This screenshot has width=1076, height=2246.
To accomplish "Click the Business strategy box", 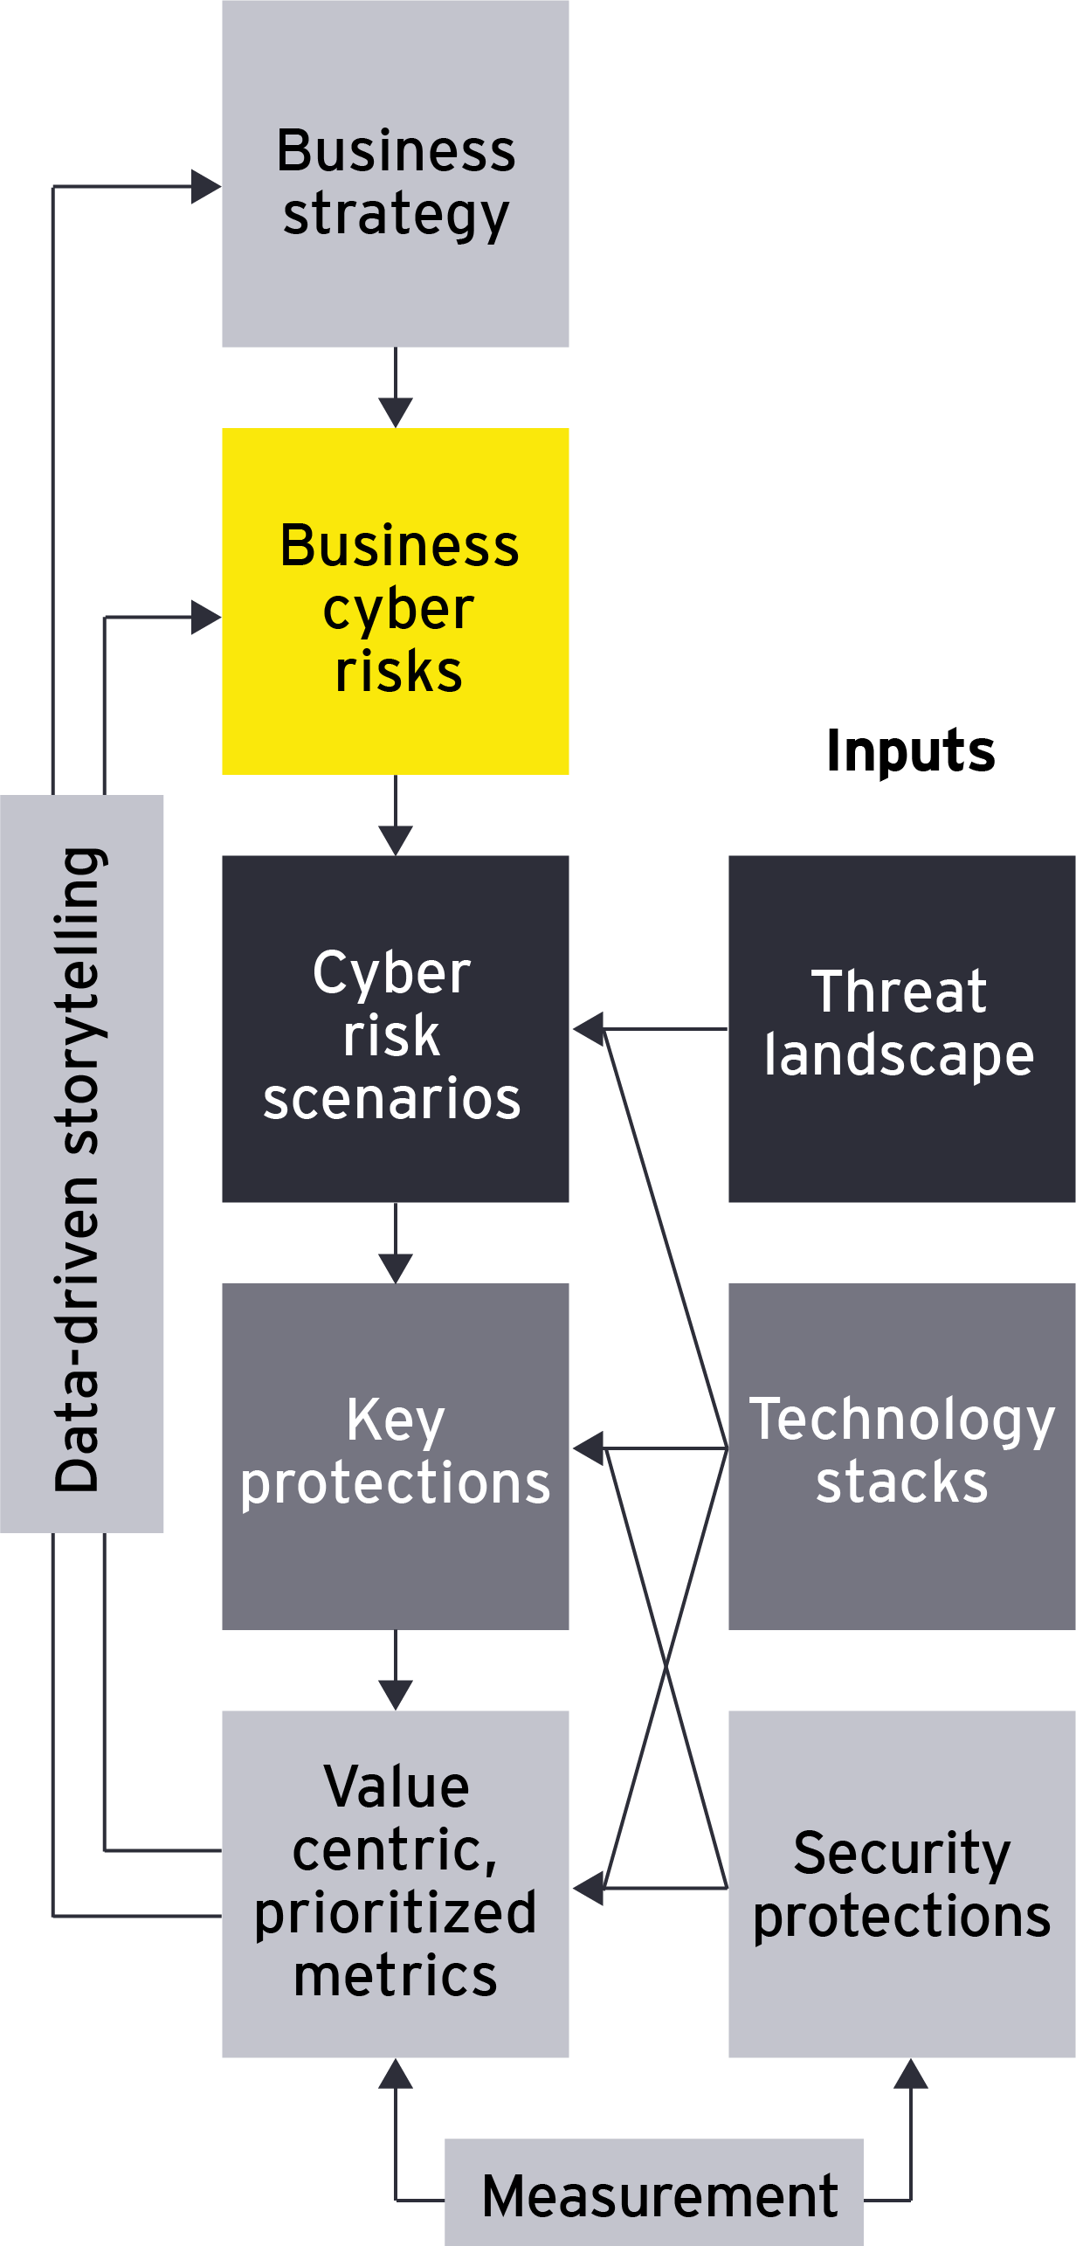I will coord(396,175).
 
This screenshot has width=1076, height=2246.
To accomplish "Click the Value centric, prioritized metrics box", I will coord(396,1883).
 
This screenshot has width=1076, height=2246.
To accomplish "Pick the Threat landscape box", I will coord(901,1029).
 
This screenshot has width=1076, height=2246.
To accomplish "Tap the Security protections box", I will coord(901,1883).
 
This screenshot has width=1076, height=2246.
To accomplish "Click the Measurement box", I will coord(654,2193).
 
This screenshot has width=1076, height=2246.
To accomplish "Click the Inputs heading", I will coord(910,751).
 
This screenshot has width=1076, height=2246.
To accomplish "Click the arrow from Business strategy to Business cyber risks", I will coord(396,389).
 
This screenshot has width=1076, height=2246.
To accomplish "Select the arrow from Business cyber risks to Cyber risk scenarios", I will coord(396,816).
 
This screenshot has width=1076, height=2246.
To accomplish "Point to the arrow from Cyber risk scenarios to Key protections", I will coord(396,1244).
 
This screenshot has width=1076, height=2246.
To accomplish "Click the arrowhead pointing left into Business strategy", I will coord(205,186).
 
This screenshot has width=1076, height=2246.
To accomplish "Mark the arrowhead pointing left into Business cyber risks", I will coord(205,618).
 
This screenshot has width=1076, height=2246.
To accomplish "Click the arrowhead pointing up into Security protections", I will coord(911,2074).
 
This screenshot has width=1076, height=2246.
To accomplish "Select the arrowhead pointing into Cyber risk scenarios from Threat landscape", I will coord(589,1029).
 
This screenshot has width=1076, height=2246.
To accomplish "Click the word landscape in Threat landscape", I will coord(900,1056).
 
